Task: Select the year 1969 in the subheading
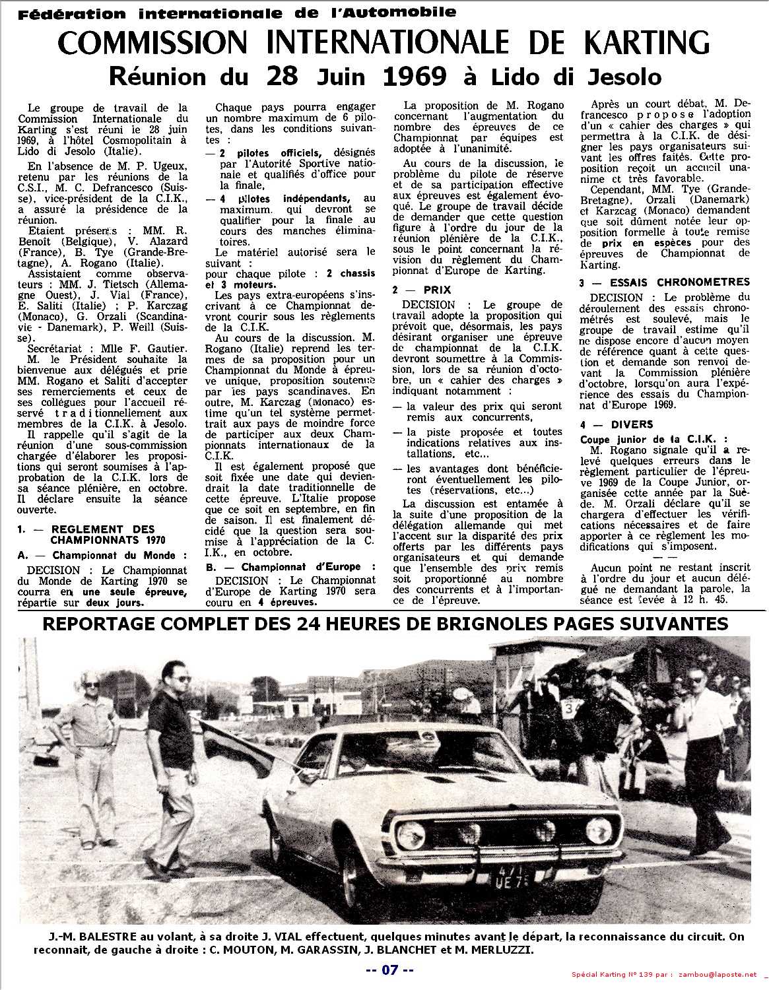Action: coord(414,77)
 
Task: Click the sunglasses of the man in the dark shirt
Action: coord(178,679)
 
